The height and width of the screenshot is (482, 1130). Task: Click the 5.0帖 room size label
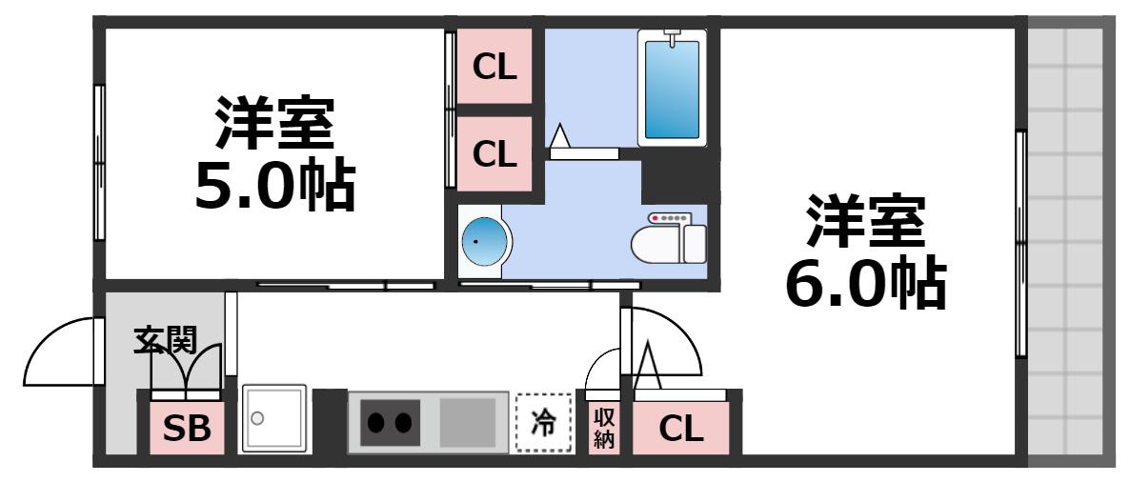coord(274,185)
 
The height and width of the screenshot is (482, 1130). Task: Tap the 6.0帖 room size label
coord(865,282)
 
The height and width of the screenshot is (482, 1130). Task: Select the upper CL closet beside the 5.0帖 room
coord(494,67)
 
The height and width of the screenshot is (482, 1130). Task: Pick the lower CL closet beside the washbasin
coord(494,153)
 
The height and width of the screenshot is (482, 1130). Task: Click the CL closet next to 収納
coord(681,429)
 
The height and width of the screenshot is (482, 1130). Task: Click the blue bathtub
coord(672,88)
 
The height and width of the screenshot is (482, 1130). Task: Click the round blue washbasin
coord(484,241)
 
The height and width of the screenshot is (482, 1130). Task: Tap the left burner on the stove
coord(376,422)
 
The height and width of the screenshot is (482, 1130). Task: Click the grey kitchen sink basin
coord(468,422)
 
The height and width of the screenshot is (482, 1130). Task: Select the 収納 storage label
coord(602,428)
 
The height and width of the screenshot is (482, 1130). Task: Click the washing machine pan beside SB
coord(273,418)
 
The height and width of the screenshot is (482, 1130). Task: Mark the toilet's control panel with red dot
coord(670,218)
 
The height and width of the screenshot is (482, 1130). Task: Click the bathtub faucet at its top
coord(673,37)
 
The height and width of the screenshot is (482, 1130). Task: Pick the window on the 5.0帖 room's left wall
coord(99,163)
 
